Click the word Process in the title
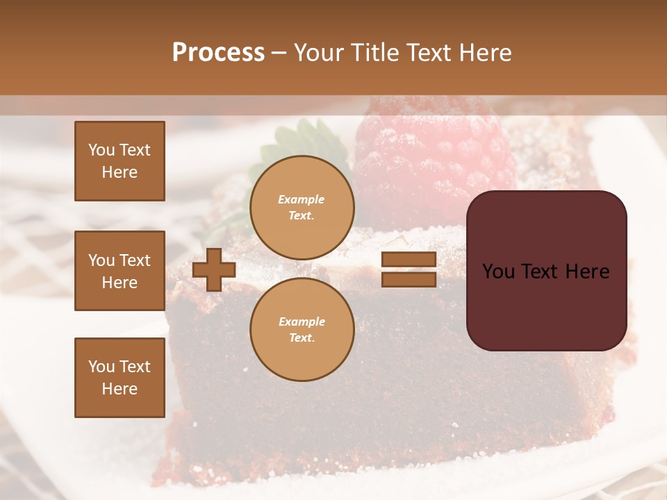point(218,53)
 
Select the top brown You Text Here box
point(120,161)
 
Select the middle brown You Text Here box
point(120,271)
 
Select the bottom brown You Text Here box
point(120,378)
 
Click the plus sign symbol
point(214,270)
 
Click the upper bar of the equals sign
point(409,259)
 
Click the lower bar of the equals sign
point(409,279)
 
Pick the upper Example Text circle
point(302,208)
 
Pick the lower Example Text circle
point(302,330)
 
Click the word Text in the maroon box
point(545,272)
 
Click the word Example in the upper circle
point(302,199)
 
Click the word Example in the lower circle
point(302,322)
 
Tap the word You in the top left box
point(101,150)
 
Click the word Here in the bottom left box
point(120,389)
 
